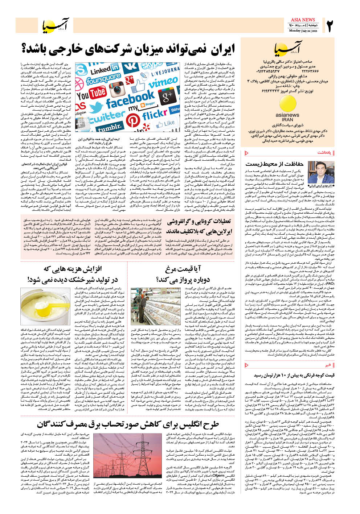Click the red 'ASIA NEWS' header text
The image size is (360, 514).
[x=303, y=20]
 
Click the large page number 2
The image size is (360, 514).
[x=330, y=26]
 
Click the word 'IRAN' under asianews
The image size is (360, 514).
[x=287, y=119]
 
